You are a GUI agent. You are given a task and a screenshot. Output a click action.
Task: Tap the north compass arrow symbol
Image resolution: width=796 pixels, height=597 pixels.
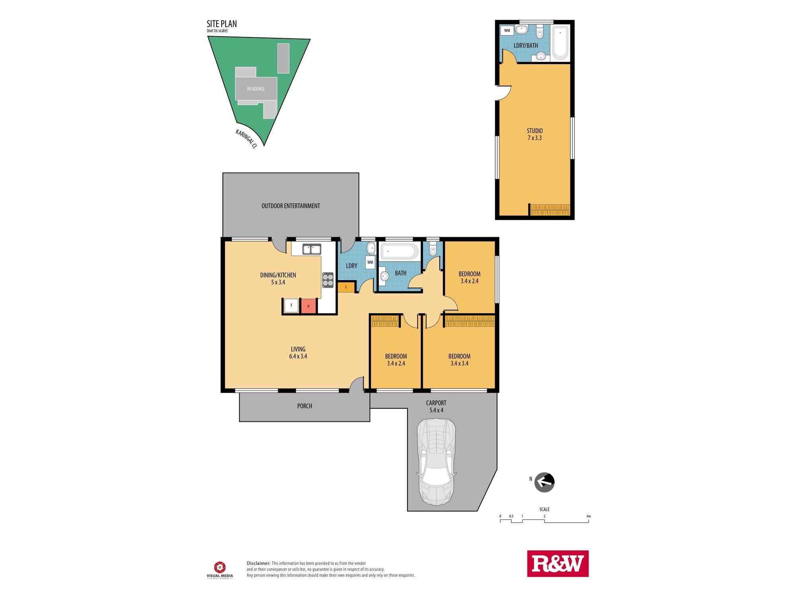click(x=544, y=483)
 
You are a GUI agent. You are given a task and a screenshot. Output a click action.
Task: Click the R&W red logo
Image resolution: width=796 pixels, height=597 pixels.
click(x=558, y=563)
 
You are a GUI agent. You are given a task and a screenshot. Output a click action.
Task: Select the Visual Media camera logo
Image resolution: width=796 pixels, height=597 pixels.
click(x=220, y=567)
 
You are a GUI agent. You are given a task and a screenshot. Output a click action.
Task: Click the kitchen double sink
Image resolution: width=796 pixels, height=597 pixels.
click(x=312, y=250)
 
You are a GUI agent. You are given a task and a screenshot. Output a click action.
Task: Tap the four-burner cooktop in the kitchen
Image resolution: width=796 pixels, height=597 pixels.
click(x=328, y=279)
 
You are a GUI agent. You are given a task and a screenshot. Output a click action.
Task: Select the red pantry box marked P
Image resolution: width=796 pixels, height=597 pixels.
click(x=308, y=306)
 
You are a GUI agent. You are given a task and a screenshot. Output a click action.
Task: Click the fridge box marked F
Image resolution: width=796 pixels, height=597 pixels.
click(x=291, y=306)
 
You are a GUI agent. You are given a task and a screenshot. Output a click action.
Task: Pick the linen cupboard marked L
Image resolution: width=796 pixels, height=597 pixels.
click(x=346, y=287)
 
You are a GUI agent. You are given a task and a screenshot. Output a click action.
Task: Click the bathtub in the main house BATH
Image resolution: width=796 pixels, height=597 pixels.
click(x=400, y=252)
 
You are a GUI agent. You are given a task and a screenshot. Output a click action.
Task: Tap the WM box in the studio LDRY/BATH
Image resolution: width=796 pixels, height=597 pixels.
click(x=507, y=30)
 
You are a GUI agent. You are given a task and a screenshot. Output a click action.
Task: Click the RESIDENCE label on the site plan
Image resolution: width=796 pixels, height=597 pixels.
click(x=256, y=89)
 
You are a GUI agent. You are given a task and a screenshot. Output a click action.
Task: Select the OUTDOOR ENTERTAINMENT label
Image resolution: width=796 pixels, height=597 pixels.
click(x=291, y=206)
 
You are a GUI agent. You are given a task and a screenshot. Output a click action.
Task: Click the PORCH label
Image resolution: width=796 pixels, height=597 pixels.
click(x=304, y=406)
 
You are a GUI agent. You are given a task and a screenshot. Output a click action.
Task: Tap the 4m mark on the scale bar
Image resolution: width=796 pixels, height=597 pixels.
click(x=589, y=517)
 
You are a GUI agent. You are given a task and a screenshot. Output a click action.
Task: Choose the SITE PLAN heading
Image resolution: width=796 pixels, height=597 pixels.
click(x=222, y=24)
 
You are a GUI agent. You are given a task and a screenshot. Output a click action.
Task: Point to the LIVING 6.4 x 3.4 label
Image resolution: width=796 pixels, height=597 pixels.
click(x=298, y=353)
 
